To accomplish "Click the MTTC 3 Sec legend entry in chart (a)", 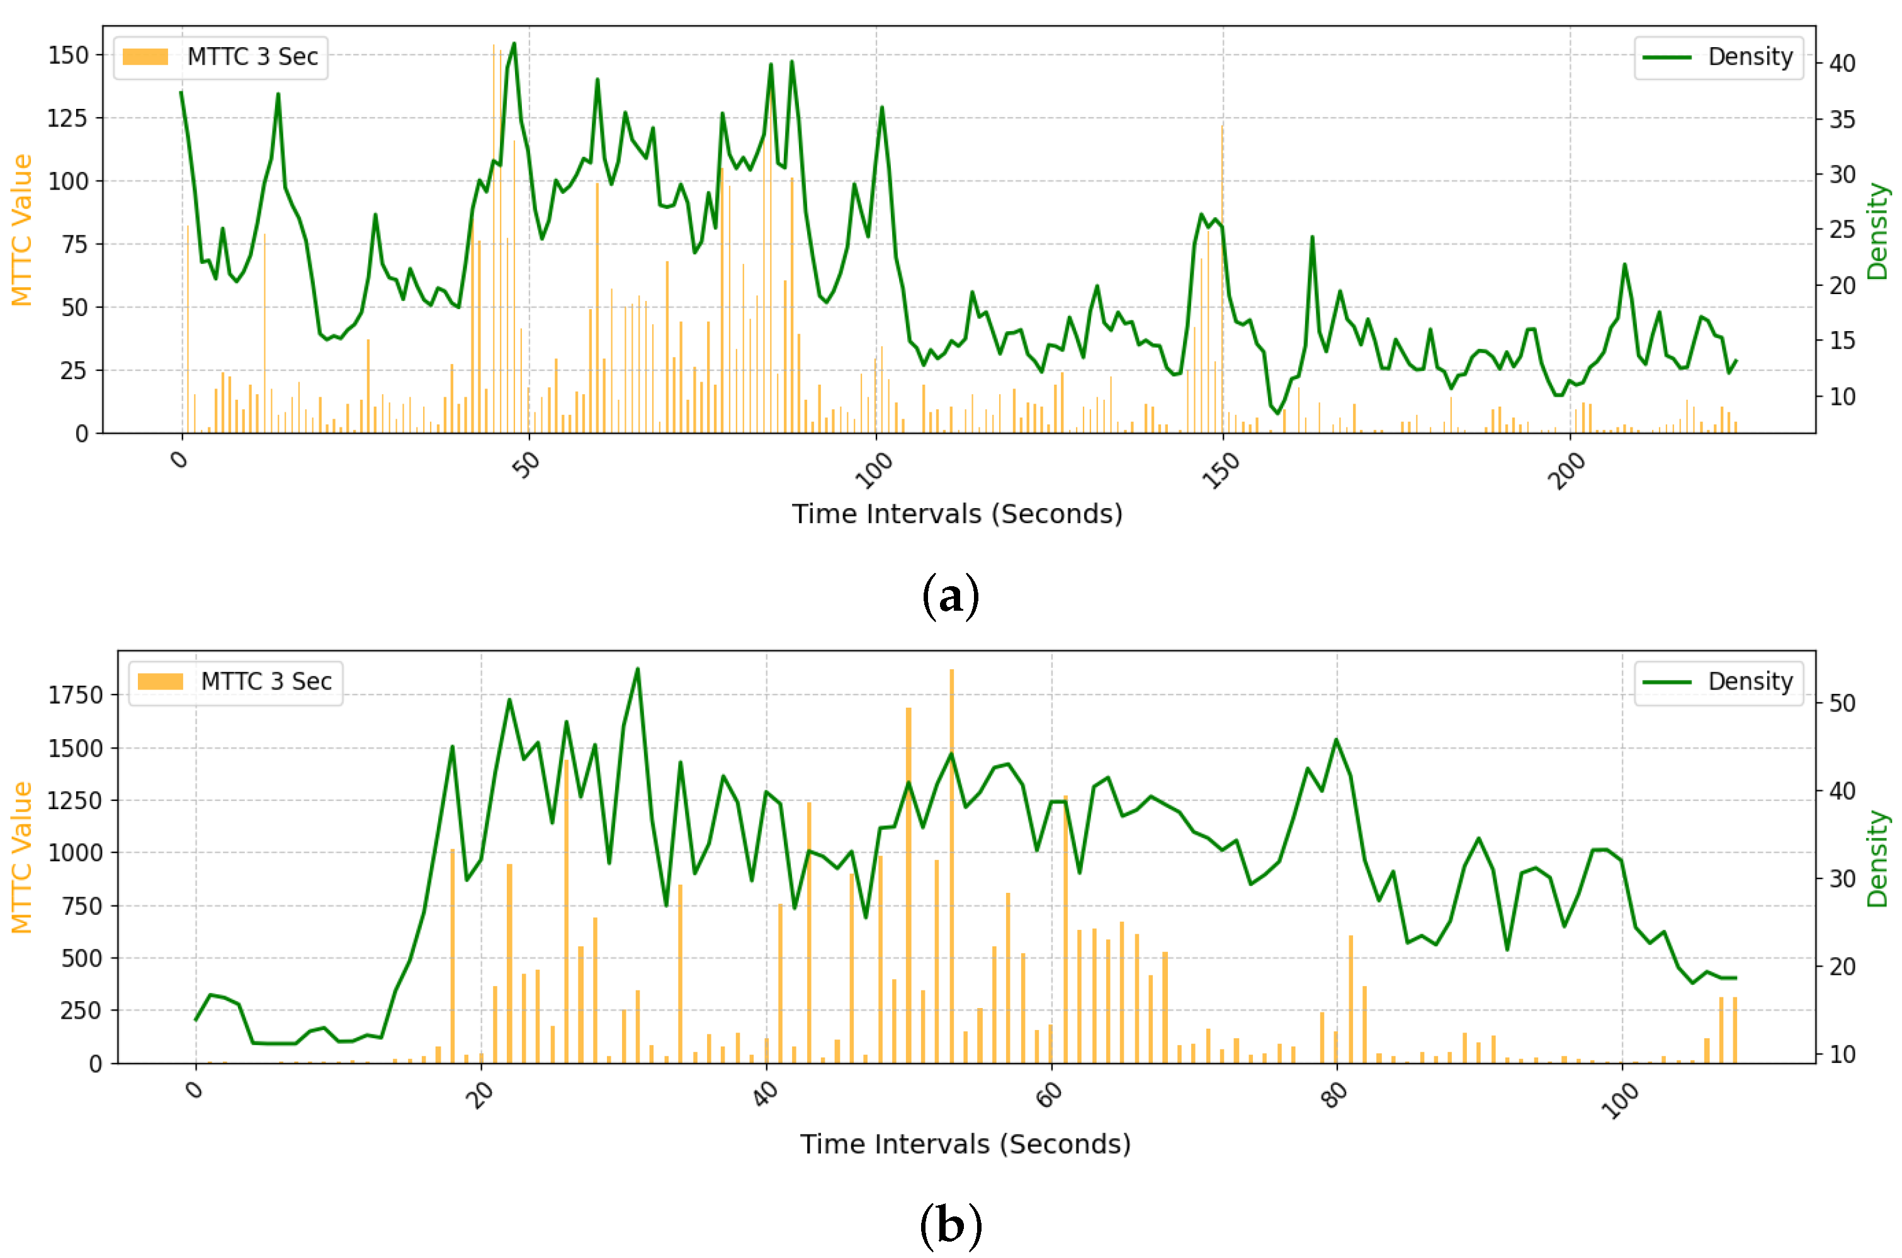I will coord(220,57).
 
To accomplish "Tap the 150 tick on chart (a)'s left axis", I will coord(68,55).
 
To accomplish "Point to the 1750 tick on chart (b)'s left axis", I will coord(76,694).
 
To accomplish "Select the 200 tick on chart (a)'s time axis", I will coord(1566,471).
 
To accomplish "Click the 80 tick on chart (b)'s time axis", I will coord(1334,1094).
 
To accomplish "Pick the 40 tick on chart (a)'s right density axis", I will coord(1842,64).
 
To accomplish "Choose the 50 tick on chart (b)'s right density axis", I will coord(1842,704).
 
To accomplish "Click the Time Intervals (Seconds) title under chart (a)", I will coord(957,514).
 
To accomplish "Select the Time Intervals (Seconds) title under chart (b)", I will coord(965,1143).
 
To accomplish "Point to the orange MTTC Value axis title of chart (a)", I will coord(21,230).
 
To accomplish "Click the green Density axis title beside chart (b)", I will coord(1877,858).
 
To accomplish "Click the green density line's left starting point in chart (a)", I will coord(181,93).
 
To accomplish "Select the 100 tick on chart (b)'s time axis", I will coord(1620,1099).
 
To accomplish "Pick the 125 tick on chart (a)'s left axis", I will coord(68,118).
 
